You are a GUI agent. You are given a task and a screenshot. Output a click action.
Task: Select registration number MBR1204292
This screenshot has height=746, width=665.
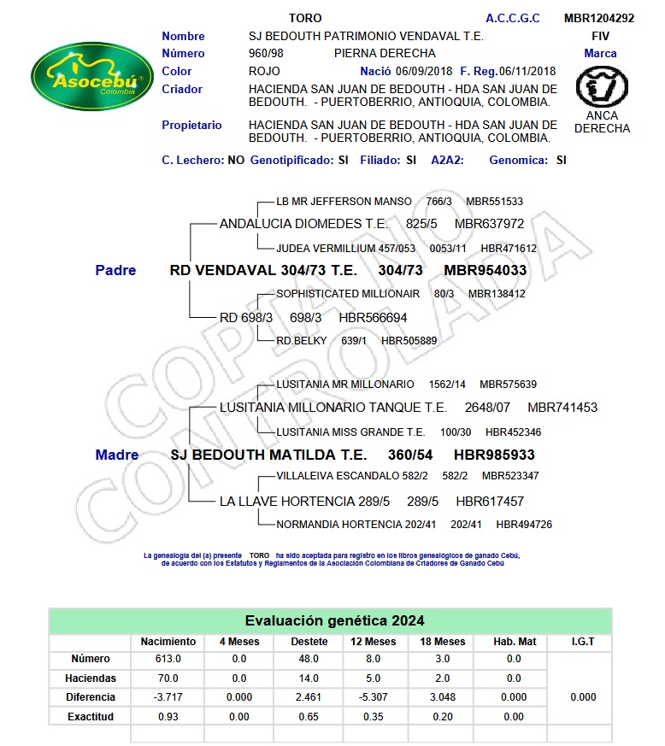[599, 18]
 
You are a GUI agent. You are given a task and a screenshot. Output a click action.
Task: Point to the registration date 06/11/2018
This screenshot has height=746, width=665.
[527, 71]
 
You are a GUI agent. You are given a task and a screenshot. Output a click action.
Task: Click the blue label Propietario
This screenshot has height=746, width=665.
[191, 125]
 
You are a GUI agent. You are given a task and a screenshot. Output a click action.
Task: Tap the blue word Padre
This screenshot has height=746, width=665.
[115, 270]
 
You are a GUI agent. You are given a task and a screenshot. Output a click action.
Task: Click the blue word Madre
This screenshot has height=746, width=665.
[117, 455]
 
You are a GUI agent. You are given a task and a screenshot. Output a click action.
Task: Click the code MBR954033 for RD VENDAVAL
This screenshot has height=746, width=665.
[485, 270]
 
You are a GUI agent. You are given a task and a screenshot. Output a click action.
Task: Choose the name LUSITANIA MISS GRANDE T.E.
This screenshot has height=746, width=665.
[350, 432]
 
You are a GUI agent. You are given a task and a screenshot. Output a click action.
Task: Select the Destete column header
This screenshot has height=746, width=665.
[309, 641]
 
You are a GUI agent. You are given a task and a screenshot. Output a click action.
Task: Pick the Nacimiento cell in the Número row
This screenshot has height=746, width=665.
[168, 659]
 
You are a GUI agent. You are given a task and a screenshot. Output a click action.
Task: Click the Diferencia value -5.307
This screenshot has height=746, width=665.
[375, 697]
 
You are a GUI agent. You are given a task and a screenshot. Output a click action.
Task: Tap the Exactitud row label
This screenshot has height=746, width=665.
[91, 716]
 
